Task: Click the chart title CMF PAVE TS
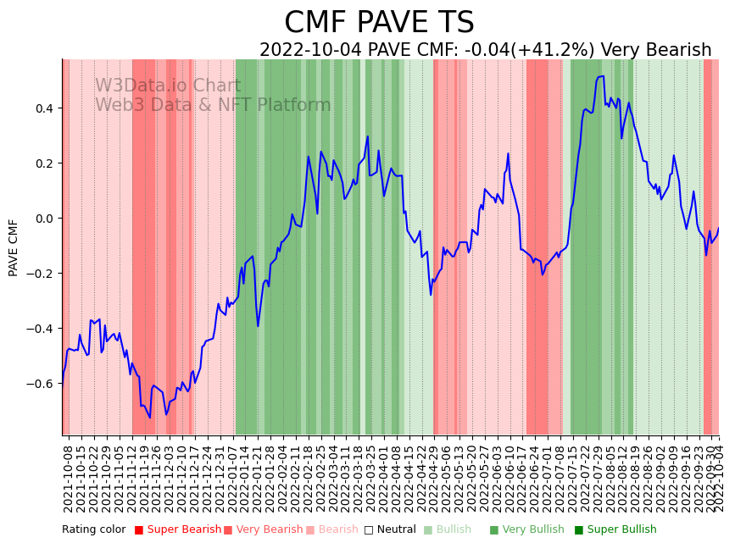pyautogui.click(x=379, y=23)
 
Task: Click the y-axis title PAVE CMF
pyautogui.click(x=14, y=247)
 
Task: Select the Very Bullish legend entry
pyautogui.click(x=533, y=530)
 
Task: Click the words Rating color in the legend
pyautogui.click(x=94, y=530)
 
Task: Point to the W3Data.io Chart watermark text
pyautogui.click(x=168, y=86)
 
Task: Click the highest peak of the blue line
pyautogui.click(x=601, y=76)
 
